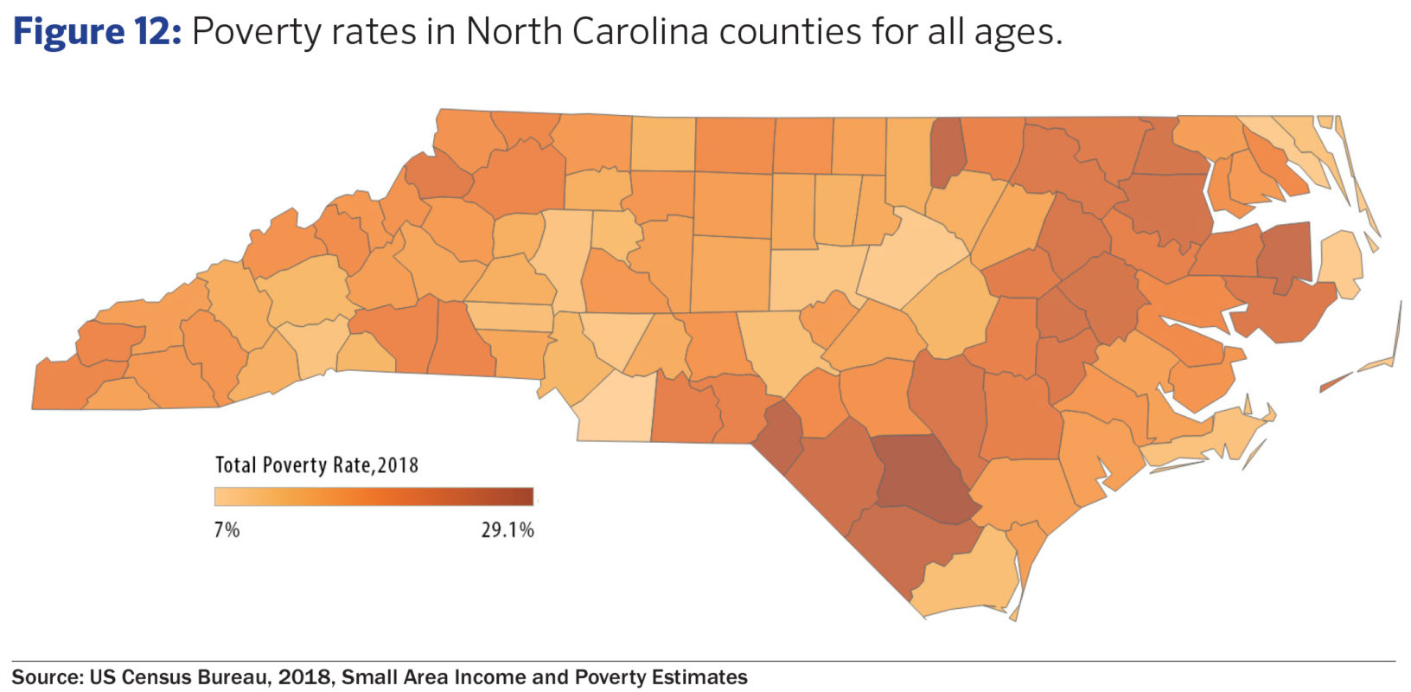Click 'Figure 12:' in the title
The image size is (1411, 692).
click(x=96, y=33)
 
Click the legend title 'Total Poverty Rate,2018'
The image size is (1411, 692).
click(x=316, y=465)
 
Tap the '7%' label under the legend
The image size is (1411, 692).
click(x=227, y=529)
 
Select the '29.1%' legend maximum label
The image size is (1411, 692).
click(x=508, y=529)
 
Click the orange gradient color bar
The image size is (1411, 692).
click(x=373, y=497)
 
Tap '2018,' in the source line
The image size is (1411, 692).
click(x=306, y=677)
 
